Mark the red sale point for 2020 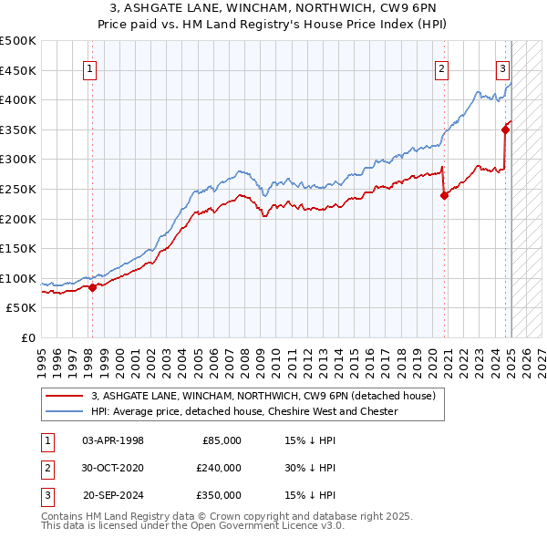tap(444, 195)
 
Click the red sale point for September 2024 tap(505, 129)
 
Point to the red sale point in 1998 tap(92, 287)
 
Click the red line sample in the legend tap(65, 397)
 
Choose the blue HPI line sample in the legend tap(65, 411)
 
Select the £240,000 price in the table tap(219, 468)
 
